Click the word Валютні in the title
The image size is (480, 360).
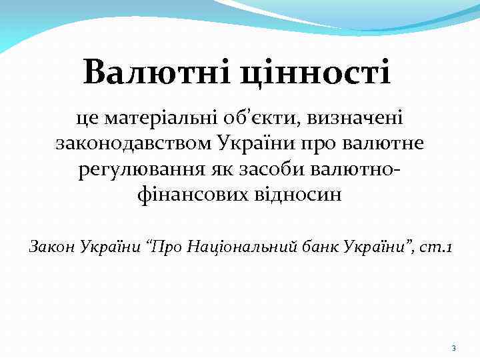[155, 72]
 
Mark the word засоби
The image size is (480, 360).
[279, 169]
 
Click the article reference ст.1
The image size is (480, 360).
[438, 248]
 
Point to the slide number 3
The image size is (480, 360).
[453, 349]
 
